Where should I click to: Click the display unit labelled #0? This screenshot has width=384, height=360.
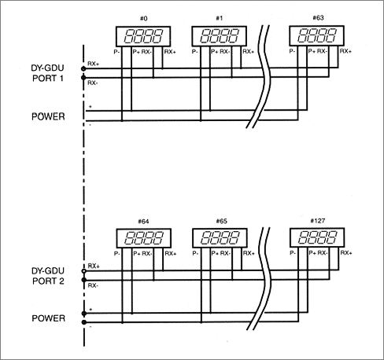click(x=143, y=36)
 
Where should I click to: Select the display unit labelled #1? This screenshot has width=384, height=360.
click(x=220, y=36)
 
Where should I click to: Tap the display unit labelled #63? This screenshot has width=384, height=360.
click(x=316, y=35)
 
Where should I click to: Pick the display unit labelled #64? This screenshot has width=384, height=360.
click(x=144, y=238)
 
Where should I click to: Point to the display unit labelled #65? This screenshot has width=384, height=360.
click(x=220, y=238)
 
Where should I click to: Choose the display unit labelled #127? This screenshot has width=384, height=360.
click(x=317, y=237)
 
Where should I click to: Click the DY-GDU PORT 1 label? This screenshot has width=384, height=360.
click(x=47, y=73)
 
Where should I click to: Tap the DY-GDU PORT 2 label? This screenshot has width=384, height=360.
click(x=48, y=276)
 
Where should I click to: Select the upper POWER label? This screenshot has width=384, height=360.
click(x=48, y=116)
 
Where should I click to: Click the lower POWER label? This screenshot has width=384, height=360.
click(x=49, y=318)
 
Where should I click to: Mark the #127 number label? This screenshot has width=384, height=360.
click(x=318, y=221)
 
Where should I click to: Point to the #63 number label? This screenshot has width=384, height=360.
click(x=318, y=18)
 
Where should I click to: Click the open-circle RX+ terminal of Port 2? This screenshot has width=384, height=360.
click(x=84, y=271)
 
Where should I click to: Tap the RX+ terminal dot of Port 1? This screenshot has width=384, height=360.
click(x=83, y=68)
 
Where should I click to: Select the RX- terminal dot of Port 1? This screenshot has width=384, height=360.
click(x=83, y=78)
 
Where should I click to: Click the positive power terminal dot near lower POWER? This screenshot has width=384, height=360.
click(x=84, y=314)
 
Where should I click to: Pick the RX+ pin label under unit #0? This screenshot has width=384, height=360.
click(x=170, y=52)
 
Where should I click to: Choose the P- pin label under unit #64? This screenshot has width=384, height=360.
click(x=117, y=254)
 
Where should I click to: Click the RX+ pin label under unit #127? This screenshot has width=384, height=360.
click(x=346, y=253)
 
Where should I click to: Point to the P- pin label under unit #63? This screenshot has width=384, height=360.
click(x=292, y=51)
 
